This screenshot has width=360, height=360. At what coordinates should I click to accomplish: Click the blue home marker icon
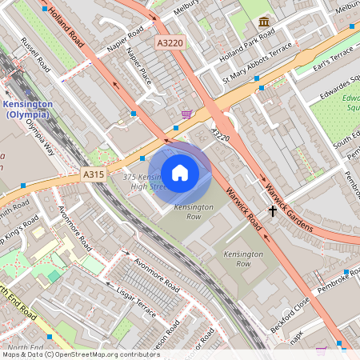pos(180,173)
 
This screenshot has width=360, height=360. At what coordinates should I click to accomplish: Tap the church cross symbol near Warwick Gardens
pos(273,211)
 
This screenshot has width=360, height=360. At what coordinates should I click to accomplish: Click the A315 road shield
pos(92,174)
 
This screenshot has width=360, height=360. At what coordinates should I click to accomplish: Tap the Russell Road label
pos(37,54)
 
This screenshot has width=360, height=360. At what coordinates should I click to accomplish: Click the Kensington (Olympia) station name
pos(28,110)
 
